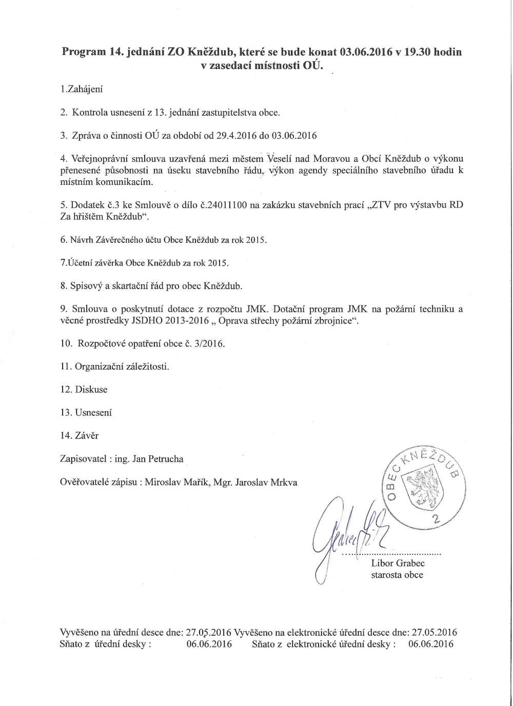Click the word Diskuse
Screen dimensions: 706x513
tap(91, 389)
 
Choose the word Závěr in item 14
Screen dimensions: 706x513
tap(87, 435)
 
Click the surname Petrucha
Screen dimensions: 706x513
tap(166, 459)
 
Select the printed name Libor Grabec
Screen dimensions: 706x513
tap(398, 563)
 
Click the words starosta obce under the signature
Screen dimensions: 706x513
tap(397, 575)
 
